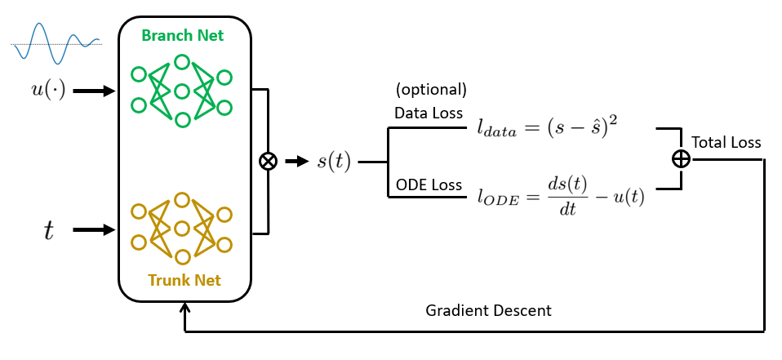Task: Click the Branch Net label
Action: pos(183,35)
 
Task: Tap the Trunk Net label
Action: pos(184,281)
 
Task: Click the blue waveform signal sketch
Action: pos(56,42)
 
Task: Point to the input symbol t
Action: pos(48,231)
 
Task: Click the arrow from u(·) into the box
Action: pos(94,91)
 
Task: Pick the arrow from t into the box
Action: pos(94,230)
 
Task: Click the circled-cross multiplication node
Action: pos(267,161)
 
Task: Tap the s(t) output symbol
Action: pos(333,161)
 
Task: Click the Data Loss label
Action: pos(428,113)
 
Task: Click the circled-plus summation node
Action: pos(679,159)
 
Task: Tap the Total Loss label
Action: pos(726,143)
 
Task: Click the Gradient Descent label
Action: pos(488,311)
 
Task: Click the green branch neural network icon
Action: pos(181,91)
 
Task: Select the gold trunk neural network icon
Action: pos(181,229)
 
